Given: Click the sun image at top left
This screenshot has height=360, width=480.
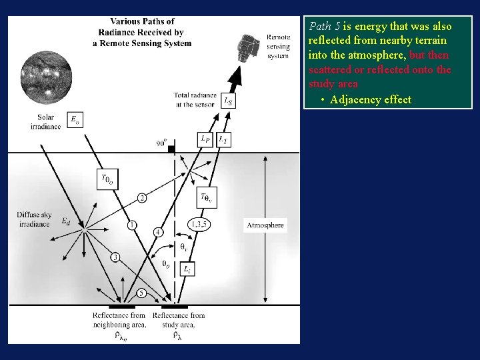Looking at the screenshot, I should coord(46,79).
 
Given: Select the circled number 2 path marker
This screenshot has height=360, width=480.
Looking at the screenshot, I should coord(142,198).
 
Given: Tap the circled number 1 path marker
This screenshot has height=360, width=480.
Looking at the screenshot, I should coord(132,225).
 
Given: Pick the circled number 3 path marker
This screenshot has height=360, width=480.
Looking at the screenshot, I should coord(115,257).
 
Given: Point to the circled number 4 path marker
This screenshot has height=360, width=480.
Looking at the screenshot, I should coord(158,232).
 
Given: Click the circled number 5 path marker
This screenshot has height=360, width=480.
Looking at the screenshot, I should coord(142,293).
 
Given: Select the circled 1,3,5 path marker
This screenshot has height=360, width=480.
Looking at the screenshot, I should coord(199,225).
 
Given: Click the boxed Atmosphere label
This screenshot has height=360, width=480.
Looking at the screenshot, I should coord(265,225).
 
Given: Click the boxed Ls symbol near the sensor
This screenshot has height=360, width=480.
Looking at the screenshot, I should coord(228,101).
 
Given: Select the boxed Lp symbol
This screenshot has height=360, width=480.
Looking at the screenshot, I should coord(206,139).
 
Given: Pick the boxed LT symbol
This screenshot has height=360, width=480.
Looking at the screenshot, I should coord(224,139).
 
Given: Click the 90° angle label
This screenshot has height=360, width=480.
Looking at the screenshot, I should coord(162,142).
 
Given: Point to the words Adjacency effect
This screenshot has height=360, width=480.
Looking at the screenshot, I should coord(371,100).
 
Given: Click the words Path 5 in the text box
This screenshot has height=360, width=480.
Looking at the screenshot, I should coord(325,27).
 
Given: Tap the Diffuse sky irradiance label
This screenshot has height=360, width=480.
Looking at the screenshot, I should coord(33,219).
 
